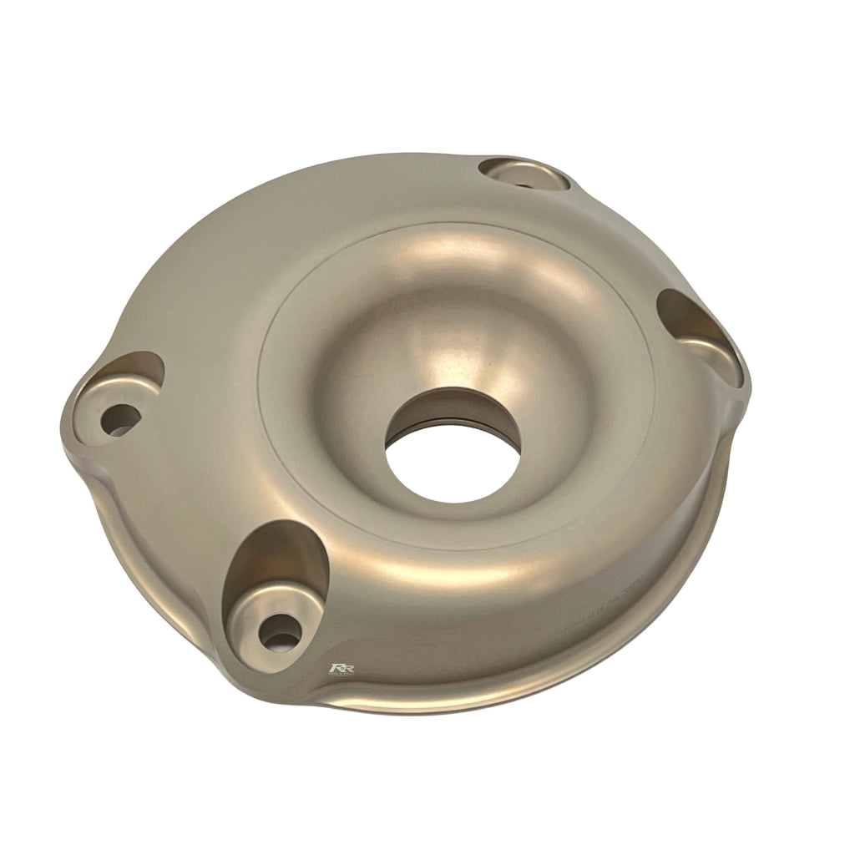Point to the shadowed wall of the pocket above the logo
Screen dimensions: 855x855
(276, 559)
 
